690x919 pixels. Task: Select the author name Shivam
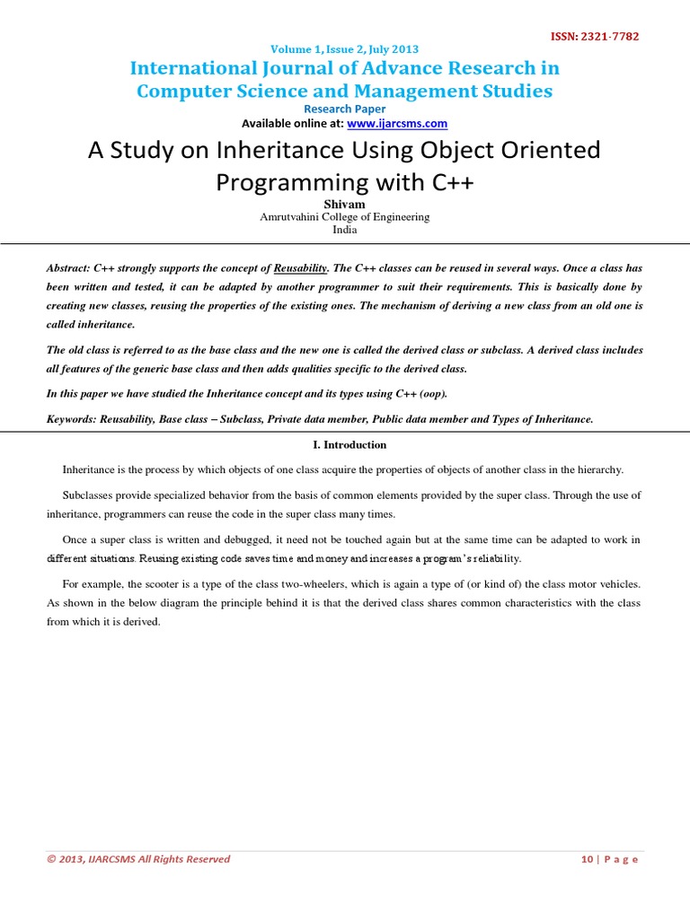(x=344, y=204)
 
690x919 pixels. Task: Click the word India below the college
(x=344, y=229)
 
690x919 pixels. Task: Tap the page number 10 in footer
(x=587, y=859)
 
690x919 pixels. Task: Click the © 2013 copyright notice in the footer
(x=139, y=859)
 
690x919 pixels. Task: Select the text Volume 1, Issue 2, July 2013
(x=344, y=49)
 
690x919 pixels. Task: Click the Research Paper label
(x=344, y=109)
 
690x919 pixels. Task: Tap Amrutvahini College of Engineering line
(x=344, y=216)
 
